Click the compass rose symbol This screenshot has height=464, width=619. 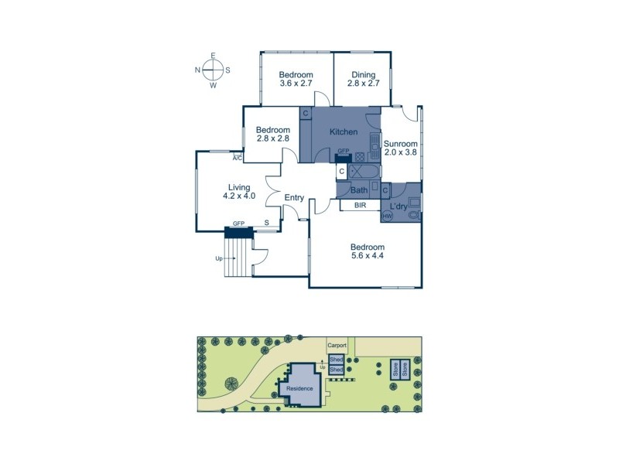[x=213, y=70]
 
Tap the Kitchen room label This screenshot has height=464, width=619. [x=343, y=132]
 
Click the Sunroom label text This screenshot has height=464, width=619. [x=401, y=143]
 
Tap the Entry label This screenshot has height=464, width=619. [x=294, y=198]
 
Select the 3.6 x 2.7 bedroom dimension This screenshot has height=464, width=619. [x=296, y=84]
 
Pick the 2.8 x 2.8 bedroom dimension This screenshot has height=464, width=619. [x=272, y=138]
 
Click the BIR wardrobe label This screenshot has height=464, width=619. [x=360, y=206]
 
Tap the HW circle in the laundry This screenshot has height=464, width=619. [x=388, y=216]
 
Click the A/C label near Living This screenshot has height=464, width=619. [x=238, y=159]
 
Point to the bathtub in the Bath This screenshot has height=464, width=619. [x=363, y=172]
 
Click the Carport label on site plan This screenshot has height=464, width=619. [x=337, y=346]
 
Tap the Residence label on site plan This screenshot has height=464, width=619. [x=299, y=388]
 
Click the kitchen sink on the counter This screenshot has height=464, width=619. [x=374, y=145]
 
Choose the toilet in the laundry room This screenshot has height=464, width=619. [x=413, y=213]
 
